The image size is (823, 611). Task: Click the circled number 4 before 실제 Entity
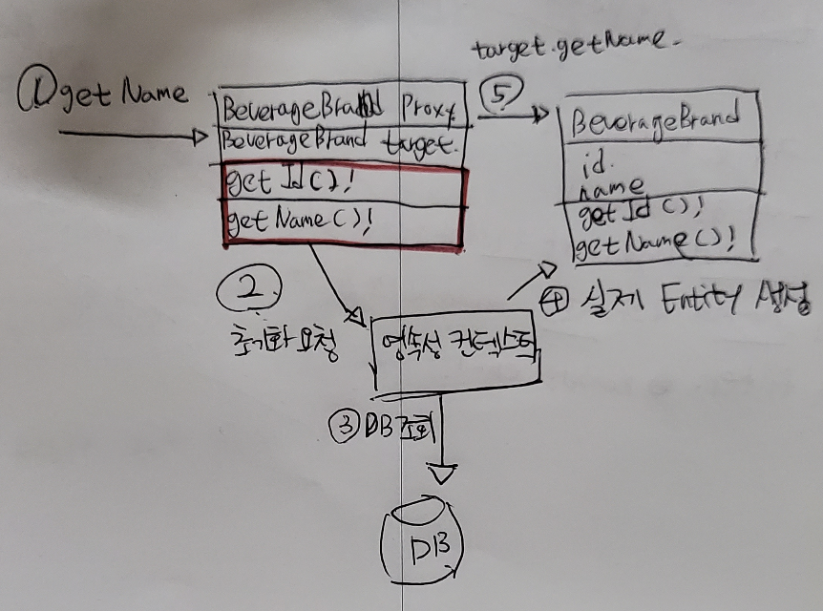click(554, 305)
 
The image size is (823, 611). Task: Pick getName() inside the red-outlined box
click(297, 221)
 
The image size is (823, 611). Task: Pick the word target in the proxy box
click(421, 144)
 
